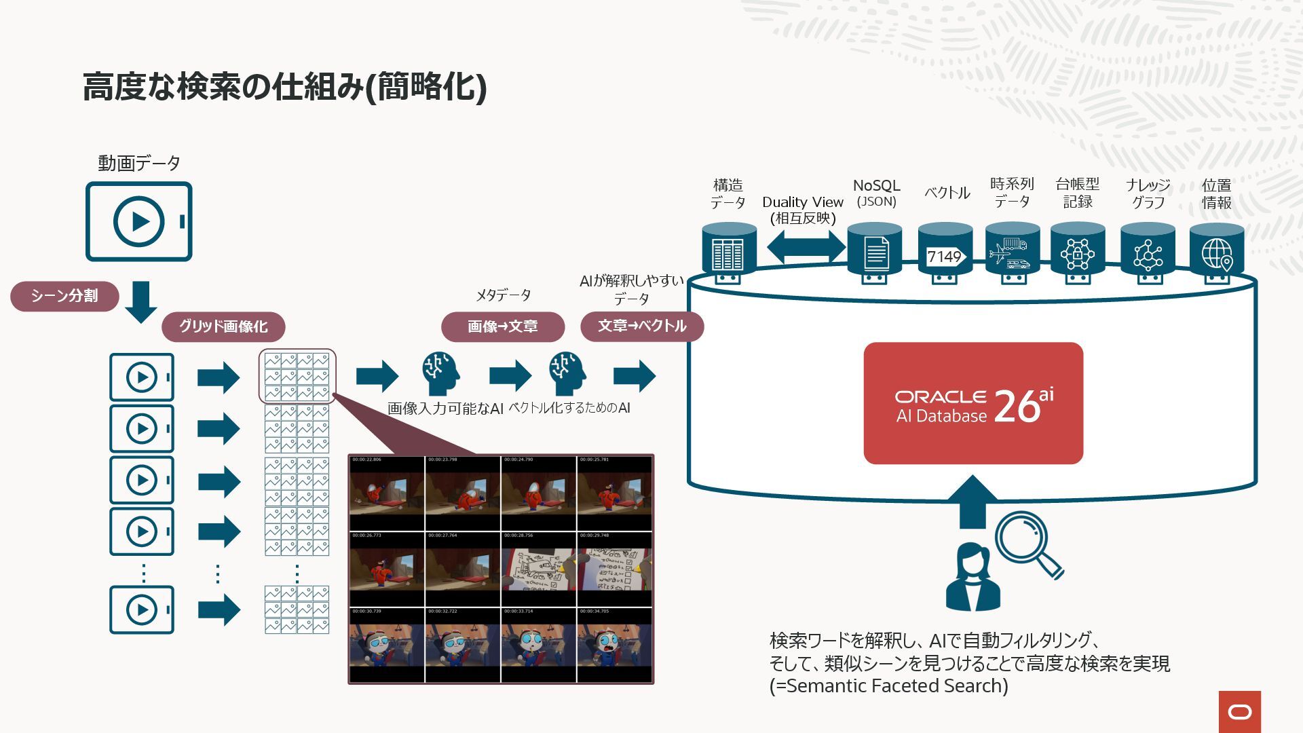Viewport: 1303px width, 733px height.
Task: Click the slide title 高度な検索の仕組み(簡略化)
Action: [x=284, y=87]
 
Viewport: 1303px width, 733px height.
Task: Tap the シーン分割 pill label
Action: [x=64, y=296]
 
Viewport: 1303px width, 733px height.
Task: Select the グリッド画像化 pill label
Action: [x=223, y=326]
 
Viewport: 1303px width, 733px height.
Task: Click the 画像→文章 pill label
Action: [x=502, y=326]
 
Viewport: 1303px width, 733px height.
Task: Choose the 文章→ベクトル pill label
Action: [x=642, y=326]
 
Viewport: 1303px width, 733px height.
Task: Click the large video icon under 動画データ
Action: [x=139, y=221]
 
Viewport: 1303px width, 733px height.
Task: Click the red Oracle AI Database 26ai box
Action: [x=972, y=403]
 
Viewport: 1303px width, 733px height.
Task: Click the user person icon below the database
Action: [x=972, y=578]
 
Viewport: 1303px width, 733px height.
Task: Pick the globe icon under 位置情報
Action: [x=1216, y=255]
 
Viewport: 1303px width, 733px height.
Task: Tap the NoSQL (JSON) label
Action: [x=876, y=193]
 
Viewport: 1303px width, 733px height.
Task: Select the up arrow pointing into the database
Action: [x=972, y=502]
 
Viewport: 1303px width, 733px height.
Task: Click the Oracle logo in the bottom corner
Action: [x=1239, y=712]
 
